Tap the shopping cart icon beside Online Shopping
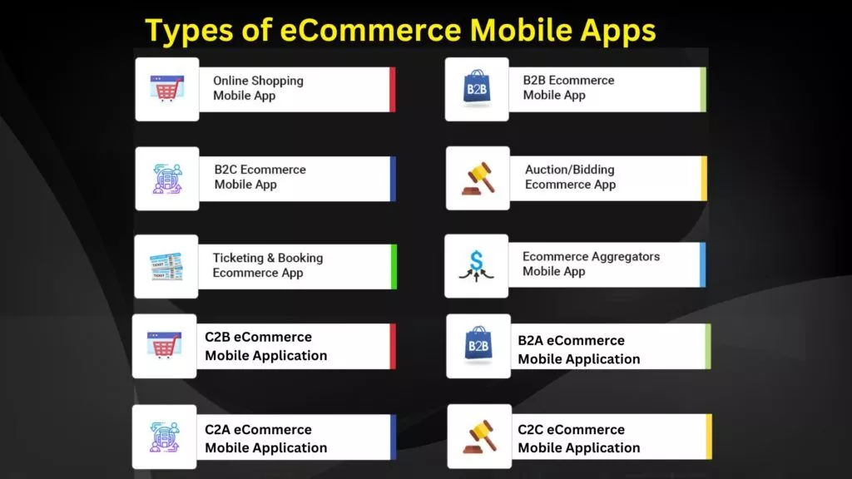pyautogui.click(x=167, y=89)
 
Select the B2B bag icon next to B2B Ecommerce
pyautogui.click(x=477, y=89)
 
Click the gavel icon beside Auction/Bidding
pyautogui.click(x=477, y=178)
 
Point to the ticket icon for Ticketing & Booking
pyautogui.click(x=166, y=266)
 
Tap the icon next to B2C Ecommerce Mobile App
pyautogui.click(x=167, y=178)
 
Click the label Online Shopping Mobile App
pyautogui.click(x=258, y=88)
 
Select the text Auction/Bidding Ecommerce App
pyautogui.click(x=570, y=177)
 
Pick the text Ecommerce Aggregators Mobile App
pyautogui.click(x=591, y=264)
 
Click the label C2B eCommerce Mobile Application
pyautogui.click(x=265, y=346)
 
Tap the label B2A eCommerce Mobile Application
pyautogui.click(x=578, y=349)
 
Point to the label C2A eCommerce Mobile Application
pyautogui.click(x=265, y=438)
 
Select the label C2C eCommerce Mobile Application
pyautogui.click(x=578, y=438)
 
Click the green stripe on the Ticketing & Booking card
pyautogui.click(x=394, y=266)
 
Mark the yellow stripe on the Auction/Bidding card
pyautogui.click(x=704, y=178)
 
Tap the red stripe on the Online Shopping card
pyautogui.click(x=392, y=89)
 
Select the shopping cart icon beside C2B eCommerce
pyautogui.click(x=164, y=345)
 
